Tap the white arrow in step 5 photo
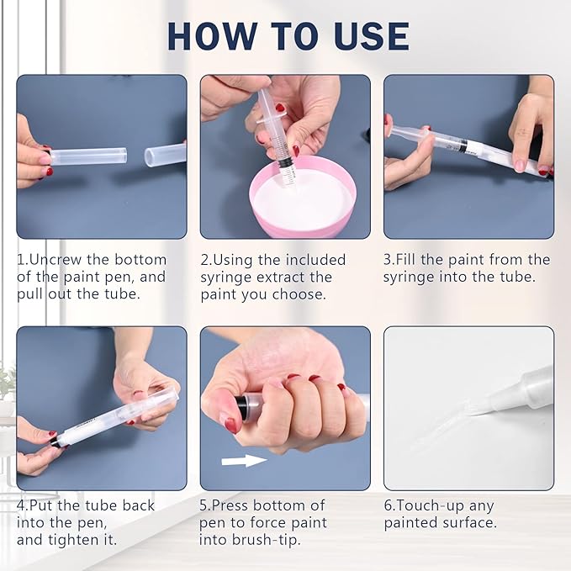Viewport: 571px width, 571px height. point(244,460)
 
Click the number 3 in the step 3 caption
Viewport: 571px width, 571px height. point(389,259)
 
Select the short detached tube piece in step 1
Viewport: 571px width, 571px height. point(166,154)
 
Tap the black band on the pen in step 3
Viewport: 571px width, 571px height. point(463,145)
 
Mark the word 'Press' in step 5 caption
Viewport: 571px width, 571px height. point(239,505)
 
